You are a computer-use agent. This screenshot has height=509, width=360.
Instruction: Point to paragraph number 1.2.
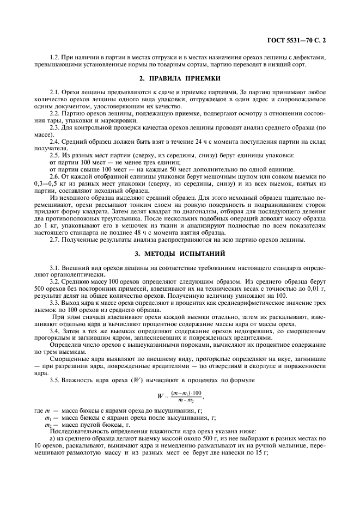pos(54,57)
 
